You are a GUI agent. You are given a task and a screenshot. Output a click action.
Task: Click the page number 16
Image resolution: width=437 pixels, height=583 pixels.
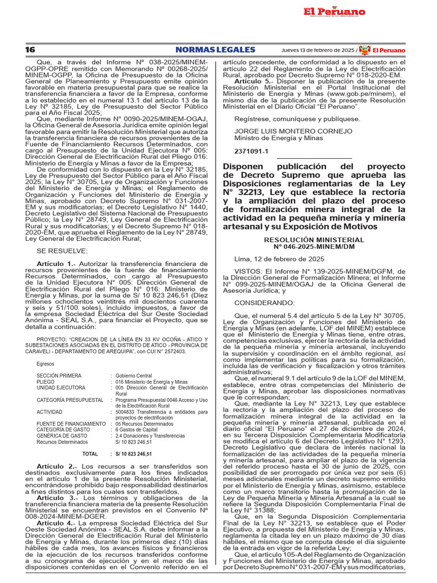[30, 50]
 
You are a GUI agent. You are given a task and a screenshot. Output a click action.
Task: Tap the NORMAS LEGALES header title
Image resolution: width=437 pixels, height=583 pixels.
[215, 50]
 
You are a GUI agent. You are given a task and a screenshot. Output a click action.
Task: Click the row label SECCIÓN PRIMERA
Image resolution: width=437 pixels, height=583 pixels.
[59, 376]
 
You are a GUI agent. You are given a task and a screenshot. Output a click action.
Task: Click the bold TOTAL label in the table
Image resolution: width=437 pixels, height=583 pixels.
[90, 454]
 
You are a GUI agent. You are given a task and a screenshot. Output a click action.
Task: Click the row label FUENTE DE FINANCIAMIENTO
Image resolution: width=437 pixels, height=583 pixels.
[71, 424]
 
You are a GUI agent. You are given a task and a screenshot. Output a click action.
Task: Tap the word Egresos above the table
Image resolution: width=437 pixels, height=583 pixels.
[46, 364]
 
